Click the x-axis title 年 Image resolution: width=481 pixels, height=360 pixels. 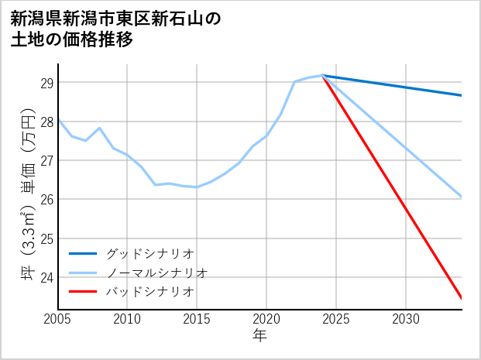259,336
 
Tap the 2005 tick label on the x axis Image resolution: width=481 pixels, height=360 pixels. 58,319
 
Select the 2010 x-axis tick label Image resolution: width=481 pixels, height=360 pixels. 128,319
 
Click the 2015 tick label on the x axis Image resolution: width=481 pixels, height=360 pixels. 197,319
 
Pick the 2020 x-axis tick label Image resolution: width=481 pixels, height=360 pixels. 266,319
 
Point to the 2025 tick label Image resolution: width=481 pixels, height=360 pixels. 336,319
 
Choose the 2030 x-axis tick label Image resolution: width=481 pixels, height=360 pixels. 406,319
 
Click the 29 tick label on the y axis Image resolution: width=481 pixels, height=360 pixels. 46,83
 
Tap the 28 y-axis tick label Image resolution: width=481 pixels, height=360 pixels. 46,122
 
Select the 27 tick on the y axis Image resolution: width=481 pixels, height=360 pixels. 46,160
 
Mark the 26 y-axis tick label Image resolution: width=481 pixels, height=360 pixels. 46,199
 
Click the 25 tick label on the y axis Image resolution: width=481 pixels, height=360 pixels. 46,238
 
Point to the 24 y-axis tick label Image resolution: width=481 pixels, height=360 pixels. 46,277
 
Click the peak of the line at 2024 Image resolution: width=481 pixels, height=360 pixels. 322,75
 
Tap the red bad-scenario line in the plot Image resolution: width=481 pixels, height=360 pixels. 392,187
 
